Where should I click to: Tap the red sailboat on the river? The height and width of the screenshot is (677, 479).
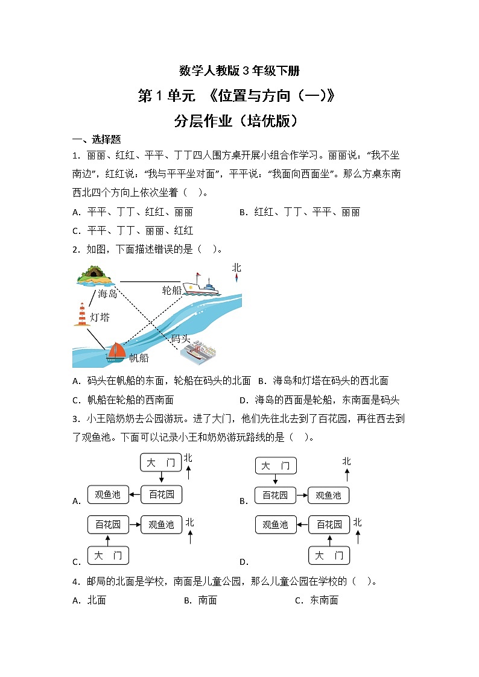pyautogui.click(x=116, y=351)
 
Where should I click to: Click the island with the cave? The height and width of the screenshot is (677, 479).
pyautogui.click(x=95, y=276)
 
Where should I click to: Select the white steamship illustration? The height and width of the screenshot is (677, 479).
pyautogui.click(x=201, y=284)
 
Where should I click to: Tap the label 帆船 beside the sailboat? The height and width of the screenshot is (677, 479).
pyautogui.click(x=139, y=358)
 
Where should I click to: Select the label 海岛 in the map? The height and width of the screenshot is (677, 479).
pyautogui.click(x=107, y=294)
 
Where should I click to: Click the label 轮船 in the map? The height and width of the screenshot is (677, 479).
pyautogui.click(x=171, y=291)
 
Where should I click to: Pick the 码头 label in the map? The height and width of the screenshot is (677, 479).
pyautogui.click(x=180, y=338)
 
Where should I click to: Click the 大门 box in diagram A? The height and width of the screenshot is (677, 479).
pyautogui.click(x=161, y=462)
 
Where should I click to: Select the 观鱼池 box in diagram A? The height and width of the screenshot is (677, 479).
pyautogui.click(x=108, y=495)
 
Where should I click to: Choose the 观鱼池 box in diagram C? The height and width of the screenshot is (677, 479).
pyautogui.click(x=161, y=524)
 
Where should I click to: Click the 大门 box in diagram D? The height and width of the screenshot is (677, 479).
pyautogui.click(x=329, y=555)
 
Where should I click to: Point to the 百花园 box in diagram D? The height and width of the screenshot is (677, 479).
pyautogui.click(x=329, y=524)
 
